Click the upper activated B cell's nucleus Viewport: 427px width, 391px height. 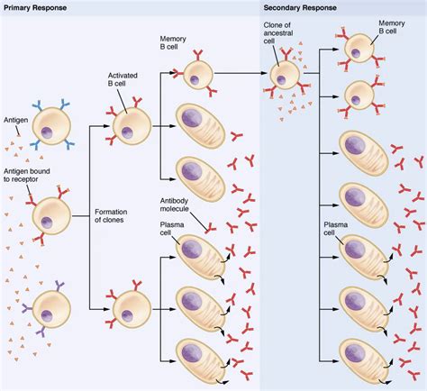coord(127,133)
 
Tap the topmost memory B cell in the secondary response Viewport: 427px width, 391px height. coord(360,50)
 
